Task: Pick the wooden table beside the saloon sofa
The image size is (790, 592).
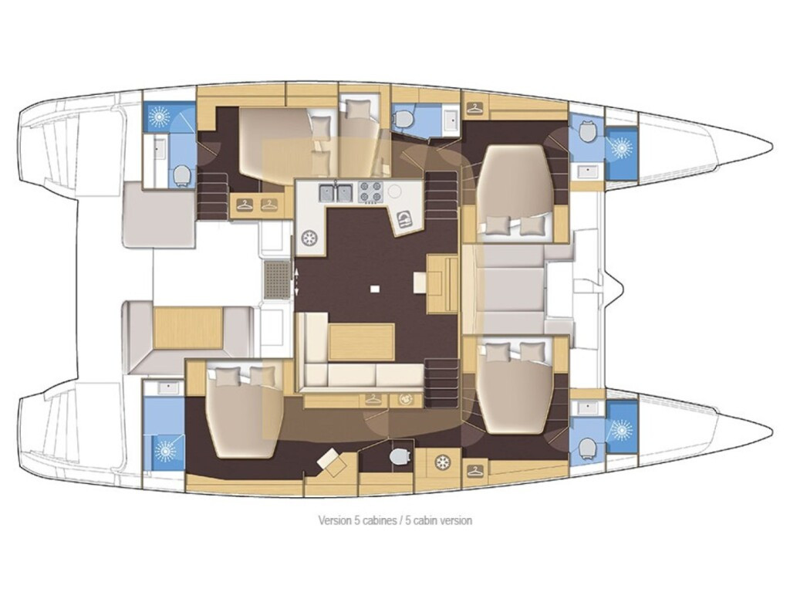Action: click(x=361, y=342)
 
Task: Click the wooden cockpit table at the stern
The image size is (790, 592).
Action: click(x=188, y=328)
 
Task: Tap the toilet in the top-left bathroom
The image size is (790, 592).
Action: click(x=182, y=176)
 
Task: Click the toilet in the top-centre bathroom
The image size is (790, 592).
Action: click(x=401, y=119)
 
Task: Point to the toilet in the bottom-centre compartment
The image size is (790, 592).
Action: click(x=400, y=456)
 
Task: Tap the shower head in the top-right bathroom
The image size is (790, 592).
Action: click(x=621, y=147)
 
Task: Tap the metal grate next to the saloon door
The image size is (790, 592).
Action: click(x=276, y=279)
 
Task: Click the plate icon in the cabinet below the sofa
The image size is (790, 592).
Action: click(x=405, y=399)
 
